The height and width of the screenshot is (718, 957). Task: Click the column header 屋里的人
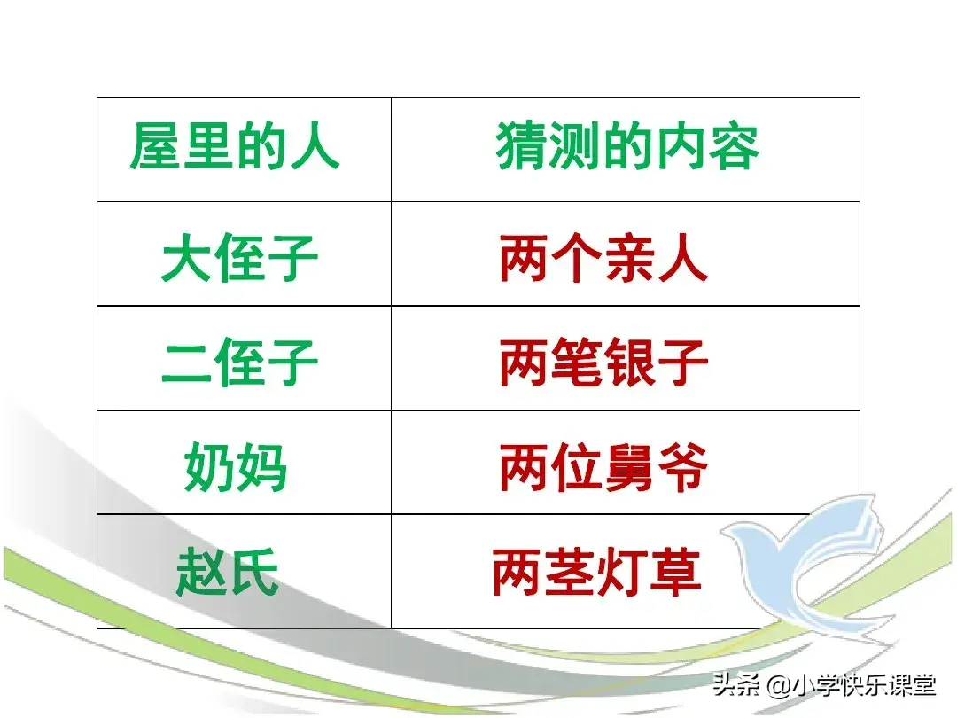click(234, 146)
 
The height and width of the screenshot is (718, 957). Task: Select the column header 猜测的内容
click(627, 146)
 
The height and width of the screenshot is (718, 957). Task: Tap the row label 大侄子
click(240, 258)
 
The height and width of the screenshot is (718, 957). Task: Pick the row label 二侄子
click(240, 362)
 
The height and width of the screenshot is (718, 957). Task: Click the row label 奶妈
click(235, 467)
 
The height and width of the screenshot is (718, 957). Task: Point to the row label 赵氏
click(227, 572)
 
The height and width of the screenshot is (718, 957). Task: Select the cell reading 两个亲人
click(603, 258)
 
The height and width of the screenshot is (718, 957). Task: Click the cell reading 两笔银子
click(603, 363)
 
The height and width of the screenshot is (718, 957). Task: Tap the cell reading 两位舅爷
click(603, 467)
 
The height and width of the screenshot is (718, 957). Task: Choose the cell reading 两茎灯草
click(597, 572)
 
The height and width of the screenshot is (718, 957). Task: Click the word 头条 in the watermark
click(736, 685)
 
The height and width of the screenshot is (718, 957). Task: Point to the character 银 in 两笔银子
click(630, 363)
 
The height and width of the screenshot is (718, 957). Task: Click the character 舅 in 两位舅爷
click(630, 467)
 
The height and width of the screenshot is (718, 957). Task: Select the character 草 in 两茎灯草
click(675, 572)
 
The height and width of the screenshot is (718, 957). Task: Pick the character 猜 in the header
click(521, 146)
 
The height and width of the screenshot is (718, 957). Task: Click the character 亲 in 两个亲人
click(630, 258)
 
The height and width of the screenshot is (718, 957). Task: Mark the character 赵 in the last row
click(201, 572)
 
